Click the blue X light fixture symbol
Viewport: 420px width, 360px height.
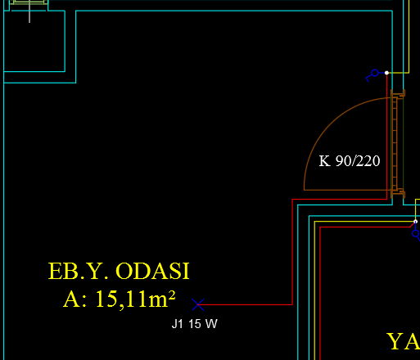198,304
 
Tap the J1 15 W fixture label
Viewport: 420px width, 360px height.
195,324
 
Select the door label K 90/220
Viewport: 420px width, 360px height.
350,161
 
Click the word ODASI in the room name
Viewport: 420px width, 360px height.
152,271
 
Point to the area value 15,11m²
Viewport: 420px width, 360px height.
135,299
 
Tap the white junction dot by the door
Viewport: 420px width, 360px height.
386,73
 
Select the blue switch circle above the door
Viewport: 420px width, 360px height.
375,73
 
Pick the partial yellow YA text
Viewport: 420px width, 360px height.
404,341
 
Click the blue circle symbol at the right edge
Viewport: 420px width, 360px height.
416,233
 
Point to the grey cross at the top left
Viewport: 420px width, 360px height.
29,11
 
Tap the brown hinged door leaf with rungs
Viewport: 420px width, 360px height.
395,143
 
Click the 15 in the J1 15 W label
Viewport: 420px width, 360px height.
195,324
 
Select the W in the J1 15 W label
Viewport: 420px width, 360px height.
211,324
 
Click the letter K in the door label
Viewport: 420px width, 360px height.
325,161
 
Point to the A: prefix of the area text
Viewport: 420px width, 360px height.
75,299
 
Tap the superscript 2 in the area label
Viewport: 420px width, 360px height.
172,295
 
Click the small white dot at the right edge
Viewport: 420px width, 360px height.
415,222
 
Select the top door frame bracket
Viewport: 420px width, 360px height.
398,93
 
